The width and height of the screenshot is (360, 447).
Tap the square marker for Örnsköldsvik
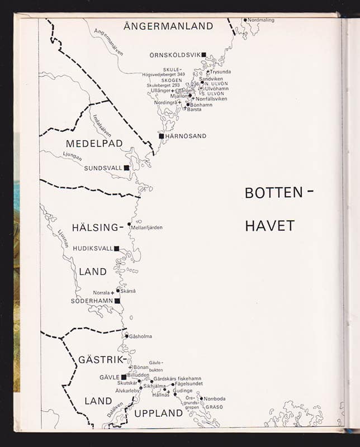(x=204, y=55)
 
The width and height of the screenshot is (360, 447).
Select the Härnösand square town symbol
(x=161, y=136)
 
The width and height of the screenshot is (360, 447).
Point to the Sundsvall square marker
(x=126, y=168)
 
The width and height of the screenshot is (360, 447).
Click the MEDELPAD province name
(x=94, y=144)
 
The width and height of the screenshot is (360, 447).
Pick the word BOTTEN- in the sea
(x=279, y=193)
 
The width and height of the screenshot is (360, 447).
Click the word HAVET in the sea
(x=269, y=226)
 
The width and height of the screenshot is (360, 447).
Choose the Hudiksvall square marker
(x=117, y=249)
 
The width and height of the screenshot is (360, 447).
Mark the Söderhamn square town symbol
(x=117, y=301)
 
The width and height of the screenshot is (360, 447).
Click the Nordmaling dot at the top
(x=244, y=20)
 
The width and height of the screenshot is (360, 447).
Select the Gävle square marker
(x=124, y=377)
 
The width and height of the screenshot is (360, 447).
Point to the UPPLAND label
(x=158, y=413)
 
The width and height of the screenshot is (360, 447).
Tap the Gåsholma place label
(x=140, y=336)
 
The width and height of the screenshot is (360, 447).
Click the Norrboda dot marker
(x=201, y=398)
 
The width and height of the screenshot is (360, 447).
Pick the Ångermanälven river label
(x=108, y=42)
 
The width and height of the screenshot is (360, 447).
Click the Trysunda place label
(x=220, y=72)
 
